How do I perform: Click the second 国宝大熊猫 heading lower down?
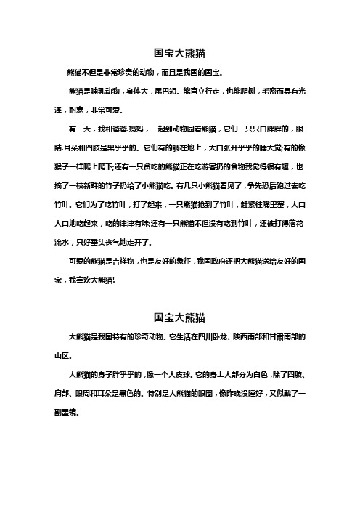pos(180,317)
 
